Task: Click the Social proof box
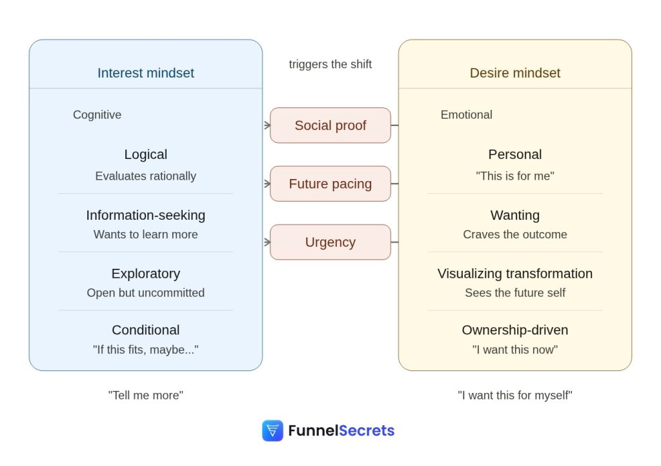[x=330, y=125]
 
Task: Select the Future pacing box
[x=330, y=184]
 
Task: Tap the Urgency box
[x=330, y=242]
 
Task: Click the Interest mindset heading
[x=145, y=73]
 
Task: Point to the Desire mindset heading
[x=514, y=73]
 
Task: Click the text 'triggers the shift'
[x=330, y=65]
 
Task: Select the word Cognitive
[x=97, y=115]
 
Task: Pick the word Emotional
[x=466, y=115]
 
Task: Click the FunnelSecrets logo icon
[x=272, y=430]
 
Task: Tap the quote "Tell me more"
[x=145, y=395]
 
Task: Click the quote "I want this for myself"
[x=514, y=395]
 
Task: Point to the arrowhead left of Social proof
[x=267, y=125]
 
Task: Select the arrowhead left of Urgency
[x=267, y=242]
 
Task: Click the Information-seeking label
[x=145, y=215]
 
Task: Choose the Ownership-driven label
[x=514, y=330]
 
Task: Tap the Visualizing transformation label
[x=514, y=273]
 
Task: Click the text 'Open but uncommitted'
[x=145, y=293]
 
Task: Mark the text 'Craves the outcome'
[x=514, y=235]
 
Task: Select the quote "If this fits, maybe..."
[x=145, y=350]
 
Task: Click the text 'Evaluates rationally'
[x=145, y=176]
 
